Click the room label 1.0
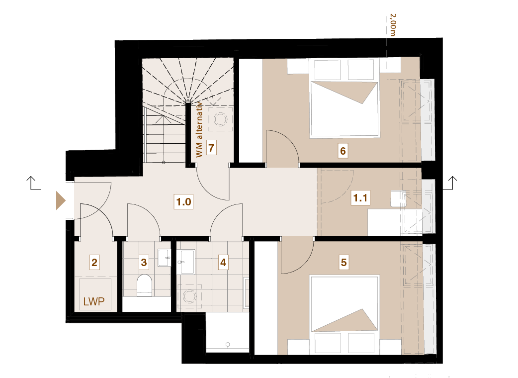[x=183, y=201]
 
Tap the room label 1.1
[x=360, y=197]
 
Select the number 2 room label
[x=94, y=262]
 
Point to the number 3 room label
[x=144, y=262]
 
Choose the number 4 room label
[x=223, y=262]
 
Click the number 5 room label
[x=344, y=262]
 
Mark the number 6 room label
[x=343, y=151]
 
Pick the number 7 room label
[x=211, y=148]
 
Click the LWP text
[x=94, y=301]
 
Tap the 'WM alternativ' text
[x=199, y=129]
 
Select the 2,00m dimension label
[x=392, y=25]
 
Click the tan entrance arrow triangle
[x=61, y=200]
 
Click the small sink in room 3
[x=164, y=258]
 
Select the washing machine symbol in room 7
[x=220, y=119]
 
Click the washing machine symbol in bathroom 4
[x=189, y=296]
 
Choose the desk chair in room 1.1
[x=398, y=198]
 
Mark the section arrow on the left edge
[x=33, y=183]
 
